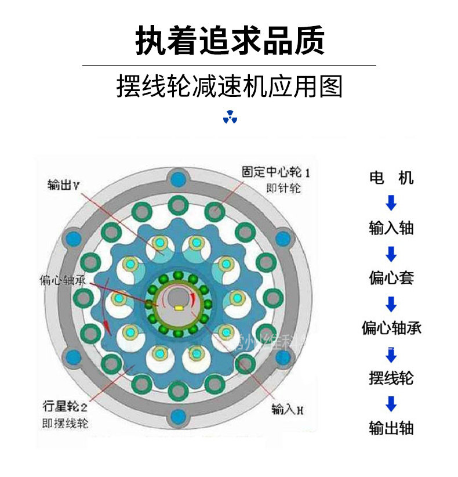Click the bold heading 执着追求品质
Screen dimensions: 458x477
(230, 40)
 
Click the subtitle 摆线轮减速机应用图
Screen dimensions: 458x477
(230, 86)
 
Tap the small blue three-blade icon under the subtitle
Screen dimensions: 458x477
(230, 117)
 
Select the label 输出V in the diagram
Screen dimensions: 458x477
(64, 185)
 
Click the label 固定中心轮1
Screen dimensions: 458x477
(277, 172)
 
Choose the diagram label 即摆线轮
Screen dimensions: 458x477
(65, 422)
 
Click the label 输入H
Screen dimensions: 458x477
(288, 410)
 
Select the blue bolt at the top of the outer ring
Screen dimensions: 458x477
(177, 176)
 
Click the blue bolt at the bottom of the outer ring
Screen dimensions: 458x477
(177, 416)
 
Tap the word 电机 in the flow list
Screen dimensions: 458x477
(391, 178)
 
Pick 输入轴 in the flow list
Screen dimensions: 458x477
(391, 227)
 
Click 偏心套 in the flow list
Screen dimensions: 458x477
(391, 278)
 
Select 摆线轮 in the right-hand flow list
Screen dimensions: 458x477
(391, 378)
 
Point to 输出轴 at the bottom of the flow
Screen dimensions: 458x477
(391, 428)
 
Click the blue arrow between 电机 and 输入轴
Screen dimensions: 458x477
(391, 203)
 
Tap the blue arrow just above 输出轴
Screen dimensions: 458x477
(391, 403)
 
